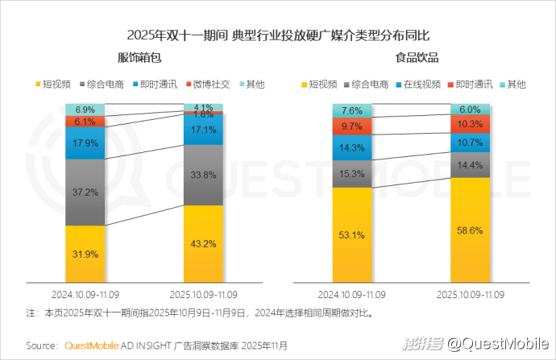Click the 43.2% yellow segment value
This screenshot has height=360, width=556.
tap(204, 242)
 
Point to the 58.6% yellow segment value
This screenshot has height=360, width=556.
tap(470, 230)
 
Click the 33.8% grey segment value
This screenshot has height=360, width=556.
tap(204, 174)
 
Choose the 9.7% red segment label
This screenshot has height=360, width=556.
tap(352, 126)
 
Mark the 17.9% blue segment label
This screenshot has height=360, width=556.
tap(85, 143)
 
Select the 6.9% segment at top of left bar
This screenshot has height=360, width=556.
tap(85, 109)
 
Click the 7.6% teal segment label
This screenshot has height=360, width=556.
tap(352, 110)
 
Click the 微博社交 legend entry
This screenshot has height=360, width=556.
tap(212, 84)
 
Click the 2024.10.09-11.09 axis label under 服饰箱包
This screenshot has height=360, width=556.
tap(85, 294)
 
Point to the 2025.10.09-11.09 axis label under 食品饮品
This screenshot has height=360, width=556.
tap(470, 294)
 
